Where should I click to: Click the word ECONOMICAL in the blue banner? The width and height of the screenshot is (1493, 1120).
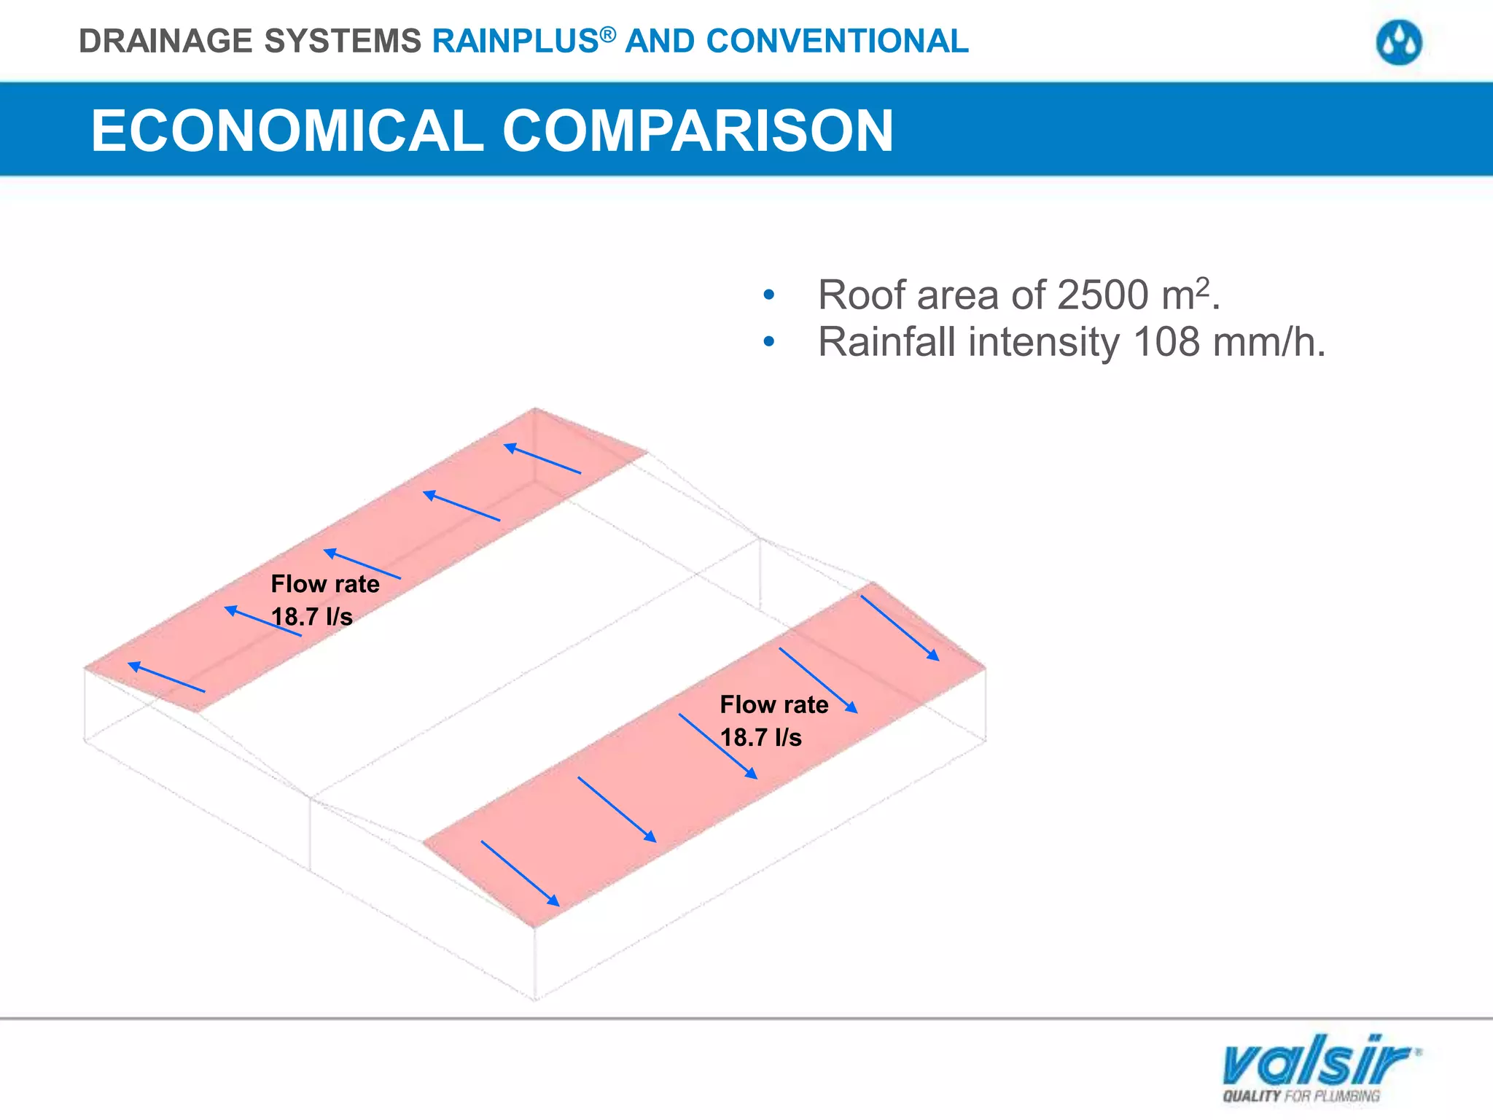tap(287, 131)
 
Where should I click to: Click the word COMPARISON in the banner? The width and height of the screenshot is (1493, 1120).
tap(698, 131)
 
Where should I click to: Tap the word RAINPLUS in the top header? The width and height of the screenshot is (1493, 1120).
tap(515, 42)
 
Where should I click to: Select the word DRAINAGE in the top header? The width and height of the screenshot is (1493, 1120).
tap(166, 42)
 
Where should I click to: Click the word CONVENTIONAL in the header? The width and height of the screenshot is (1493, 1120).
tap(838, 42)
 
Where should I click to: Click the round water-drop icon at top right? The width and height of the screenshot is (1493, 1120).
tap(1399, 43)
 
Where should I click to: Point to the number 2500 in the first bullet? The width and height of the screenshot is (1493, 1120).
tap(1102, 295)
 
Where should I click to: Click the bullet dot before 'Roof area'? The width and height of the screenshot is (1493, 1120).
tap(768, 296)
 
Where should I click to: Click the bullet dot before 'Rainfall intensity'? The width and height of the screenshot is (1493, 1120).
tap(768, 342)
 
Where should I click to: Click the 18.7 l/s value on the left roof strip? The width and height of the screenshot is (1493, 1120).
tap(312, 617)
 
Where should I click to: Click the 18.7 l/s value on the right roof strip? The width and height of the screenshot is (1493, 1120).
tap(760, 738)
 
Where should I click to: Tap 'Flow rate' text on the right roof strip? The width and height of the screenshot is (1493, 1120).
tap(774, 704)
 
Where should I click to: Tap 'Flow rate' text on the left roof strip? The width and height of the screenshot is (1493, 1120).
tap(325, 584)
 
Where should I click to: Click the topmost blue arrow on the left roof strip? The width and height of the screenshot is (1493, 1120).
tap(542, 459)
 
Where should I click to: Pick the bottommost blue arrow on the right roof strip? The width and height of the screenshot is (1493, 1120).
tap(520, 874)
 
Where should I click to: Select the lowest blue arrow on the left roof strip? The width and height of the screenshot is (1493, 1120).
tap(166, 677)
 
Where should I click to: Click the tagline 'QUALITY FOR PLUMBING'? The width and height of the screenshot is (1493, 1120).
tap(1301, 1096)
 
